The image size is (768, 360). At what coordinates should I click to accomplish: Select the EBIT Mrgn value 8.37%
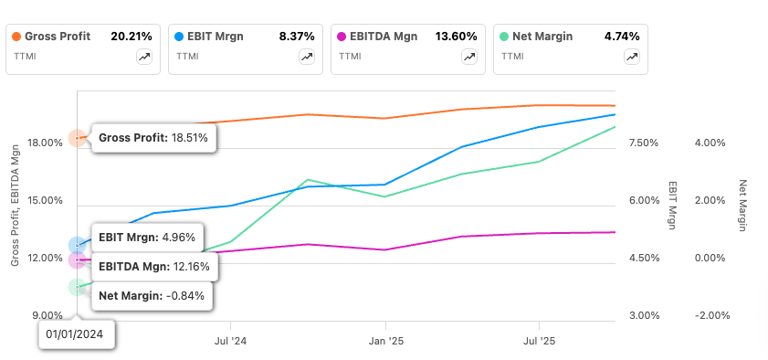pos(295,37)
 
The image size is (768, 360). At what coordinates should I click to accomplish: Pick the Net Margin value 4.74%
pos(621,37)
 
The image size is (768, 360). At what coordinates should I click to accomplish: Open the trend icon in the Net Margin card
pos(632,57)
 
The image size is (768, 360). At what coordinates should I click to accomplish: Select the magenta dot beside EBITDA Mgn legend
pos(341,37)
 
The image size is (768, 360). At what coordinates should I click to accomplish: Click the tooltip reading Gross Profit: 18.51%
pos(153,138)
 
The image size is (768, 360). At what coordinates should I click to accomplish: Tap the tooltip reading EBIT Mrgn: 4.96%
pos(153,237)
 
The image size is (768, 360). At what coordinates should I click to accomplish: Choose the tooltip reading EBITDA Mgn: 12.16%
pos(153,267)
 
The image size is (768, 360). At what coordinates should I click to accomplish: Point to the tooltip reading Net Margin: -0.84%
pos(153,295)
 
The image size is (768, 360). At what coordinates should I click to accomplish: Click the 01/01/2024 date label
pos(77,334)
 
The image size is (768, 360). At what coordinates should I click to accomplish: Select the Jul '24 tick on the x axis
pos(230,340)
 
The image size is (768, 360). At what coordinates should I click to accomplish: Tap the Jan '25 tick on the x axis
pos(384,340)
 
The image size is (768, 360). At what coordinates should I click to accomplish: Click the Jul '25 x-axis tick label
pos(539,340)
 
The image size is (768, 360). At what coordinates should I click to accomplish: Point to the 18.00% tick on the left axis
pos(45,143)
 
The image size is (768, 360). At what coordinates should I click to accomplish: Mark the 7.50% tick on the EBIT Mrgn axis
pos(645,143)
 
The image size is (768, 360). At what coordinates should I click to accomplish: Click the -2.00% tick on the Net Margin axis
pos(712,316)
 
